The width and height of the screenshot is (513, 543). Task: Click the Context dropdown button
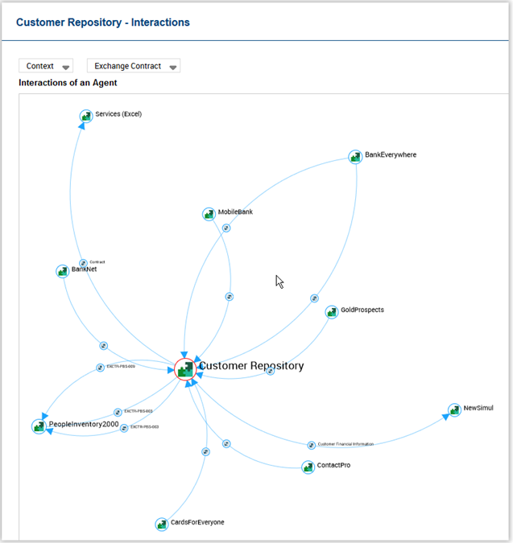coord(46,66)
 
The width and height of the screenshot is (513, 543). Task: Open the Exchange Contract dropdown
coord(133,66)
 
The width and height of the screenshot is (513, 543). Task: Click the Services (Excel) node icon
coord(86,116)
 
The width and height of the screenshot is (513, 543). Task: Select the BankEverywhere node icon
coord(355,156)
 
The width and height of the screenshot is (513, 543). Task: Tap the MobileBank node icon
coord(209,214)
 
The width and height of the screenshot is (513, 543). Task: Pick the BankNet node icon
coord(63,271)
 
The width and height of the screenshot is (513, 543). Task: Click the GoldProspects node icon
coord(332,311)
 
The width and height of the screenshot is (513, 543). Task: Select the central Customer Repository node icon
coord(185,368)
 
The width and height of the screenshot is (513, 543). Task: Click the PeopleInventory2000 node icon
coord(39,426)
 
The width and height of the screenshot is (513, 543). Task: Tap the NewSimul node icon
coord(454,410)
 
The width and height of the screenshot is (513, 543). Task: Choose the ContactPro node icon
coord(308,467)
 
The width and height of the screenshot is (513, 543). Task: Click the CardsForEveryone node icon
coord(162,524)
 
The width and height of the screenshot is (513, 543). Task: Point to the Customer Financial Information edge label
coord(345,444)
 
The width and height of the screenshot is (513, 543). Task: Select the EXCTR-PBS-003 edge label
coord(138,411)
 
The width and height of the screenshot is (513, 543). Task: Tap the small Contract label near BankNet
coord(97,261)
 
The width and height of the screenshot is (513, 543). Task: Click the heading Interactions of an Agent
coord(68,83)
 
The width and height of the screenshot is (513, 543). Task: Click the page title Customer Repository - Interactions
coord(103,23)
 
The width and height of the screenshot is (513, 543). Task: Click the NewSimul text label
coord(478,409)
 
